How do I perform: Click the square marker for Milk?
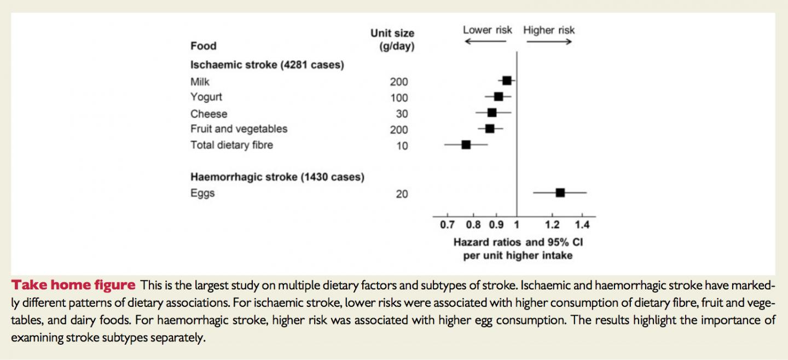tap(507, 80)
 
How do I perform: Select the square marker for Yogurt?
tap(499, 96)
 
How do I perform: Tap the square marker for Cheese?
tap(492, 113)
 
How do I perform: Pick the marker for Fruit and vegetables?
tap(490, 129)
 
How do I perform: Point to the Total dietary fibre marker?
tap(466, 144)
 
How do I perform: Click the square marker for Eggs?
tap(560, 193)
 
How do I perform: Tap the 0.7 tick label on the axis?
tap(447, 225)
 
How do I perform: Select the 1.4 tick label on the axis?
tap(582, 225)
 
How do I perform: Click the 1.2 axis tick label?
tap(552, 225)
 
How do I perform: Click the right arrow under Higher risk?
tap(549, 42)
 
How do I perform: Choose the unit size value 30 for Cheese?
tap(402, 114)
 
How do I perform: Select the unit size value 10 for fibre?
tap(402, 146)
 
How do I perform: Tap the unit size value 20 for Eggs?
tap(402, 194)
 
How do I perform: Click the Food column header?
tap(203, 46)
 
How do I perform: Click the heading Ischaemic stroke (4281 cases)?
tap(267, 65)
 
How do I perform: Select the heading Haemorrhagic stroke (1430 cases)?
tap(277, 177)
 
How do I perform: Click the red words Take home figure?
tap(73, 285)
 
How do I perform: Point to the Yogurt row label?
tap(206, 97)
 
